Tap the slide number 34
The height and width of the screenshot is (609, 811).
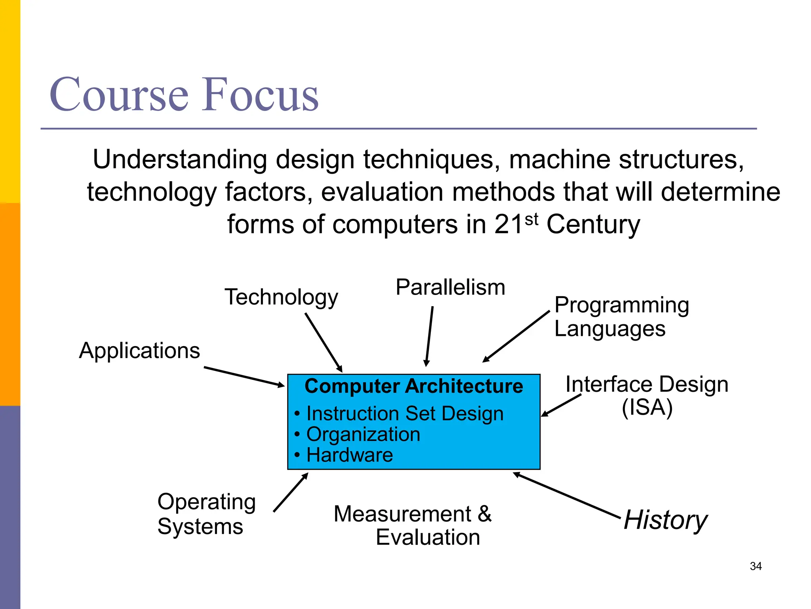[756, 566]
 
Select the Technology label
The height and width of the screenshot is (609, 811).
[281, 297]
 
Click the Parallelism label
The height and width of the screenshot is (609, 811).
[450, 287]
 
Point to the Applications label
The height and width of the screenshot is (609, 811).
[139, 350]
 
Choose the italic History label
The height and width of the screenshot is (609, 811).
[665, 520]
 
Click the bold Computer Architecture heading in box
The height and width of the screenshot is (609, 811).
[413, 386]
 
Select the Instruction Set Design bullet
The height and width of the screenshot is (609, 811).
[405, 414]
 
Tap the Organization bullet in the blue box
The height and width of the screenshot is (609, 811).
[363, 434]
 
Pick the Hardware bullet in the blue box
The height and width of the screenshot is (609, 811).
[349, 455]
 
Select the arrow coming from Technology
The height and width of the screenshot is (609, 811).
[323, 342]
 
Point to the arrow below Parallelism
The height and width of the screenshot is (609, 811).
[429, 336]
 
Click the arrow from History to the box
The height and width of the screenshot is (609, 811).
[566, 495]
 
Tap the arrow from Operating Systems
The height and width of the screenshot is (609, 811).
[290, 492]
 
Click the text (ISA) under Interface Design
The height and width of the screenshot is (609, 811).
[647, 407]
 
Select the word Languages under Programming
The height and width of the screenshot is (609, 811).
[610, 329]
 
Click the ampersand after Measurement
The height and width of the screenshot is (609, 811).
[484, 514]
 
